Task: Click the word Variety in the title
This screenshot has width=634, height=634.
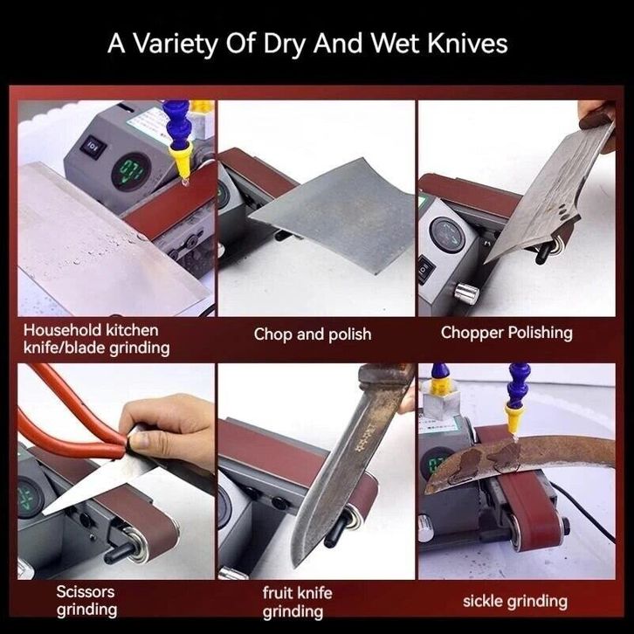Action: (x=176, y=44)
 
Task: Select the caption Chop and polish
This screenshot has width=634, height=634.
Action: (x=313, y=334)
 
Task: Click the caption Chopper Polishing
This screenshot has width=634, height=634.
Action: (x=507, y=333)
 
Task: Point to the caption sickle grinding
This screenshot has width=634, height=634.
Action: (x=515, y=601)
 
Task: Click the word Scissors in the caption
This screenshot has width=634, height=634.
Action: (x=86, y=591)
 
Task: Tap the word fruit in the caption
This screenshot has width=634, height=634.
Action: (x=279, y=593)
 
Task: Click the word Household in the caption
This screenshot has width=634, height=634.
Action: (x=62, y=330)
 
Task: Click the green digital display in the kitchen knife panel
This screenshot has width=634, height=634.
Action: (x=131, y=171)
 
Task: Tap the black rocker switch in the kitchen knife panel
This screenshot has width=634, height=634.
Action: (x=93, y=145)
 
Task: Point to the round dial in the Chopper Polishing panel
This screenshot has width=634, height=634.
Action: (x=448, y=235)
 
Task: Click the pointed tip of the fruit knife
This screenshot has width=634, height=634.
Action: (x=296, y=566)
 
